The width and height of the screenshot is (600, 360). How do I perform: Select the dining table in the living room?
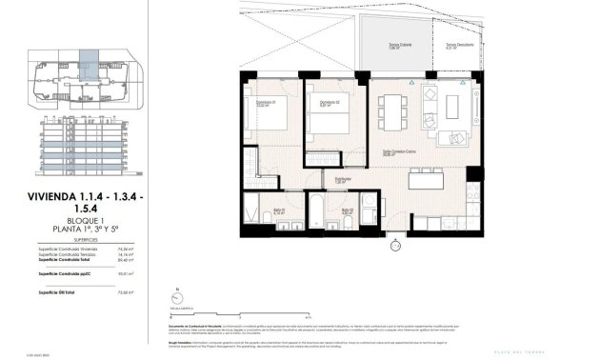393,112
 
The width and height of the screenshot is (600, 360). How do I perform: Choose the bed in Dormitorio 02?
329,122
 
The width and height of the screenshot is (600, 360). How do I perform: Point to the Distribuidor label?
343,178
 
